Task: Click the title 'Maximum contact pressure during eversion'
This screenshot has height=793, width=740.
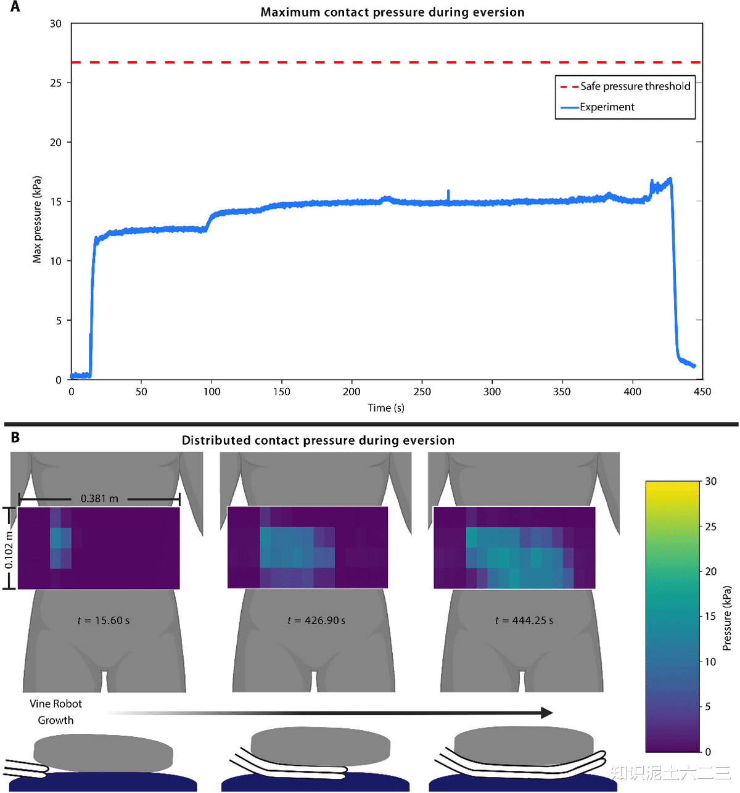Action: [392, 12]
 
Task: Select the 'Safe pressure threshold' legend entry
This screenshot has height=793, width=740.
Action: [635, 86]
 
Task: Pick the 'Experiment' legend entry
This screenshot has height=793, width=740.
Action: [607, 107]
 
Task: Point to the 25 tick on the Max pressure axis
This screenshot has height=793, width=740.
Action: [56, 83]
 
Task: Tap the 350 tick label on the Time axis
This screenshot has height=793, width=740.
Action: [562, 392]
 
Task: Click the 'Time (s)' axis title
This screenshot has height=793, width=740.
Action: [386, 408]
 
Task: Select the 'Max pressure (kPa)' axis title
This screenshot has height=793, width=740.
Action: [37, 220]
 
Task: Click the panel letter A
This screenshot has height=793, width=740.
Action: [15, 7]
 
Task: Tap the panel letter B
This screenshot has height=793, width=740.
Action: [15, 437]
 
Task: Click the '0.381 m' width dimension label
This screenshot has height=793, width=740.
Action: [99, 498]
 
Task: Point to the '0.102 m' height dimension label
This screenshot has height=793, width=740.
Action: [9, 550]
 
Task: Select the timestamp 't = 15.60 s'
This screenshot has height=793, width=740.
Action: [104, 620]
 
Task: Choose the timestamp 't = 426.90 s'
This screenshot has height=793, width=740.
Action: [316, 620]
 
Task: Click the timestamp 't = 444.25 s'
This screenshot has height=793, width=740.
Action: [524, 620]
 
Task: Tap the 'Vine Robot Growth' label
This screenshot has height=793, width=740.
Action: [55, 712]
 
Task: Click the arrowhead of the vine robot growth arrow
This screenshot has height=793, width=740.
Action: [546, 713]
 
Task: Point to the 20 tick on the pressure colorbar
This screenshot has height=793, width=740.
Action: [711, 572]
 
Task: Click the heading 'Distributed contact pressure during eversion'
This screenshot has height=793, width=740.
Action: [318, 440]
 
